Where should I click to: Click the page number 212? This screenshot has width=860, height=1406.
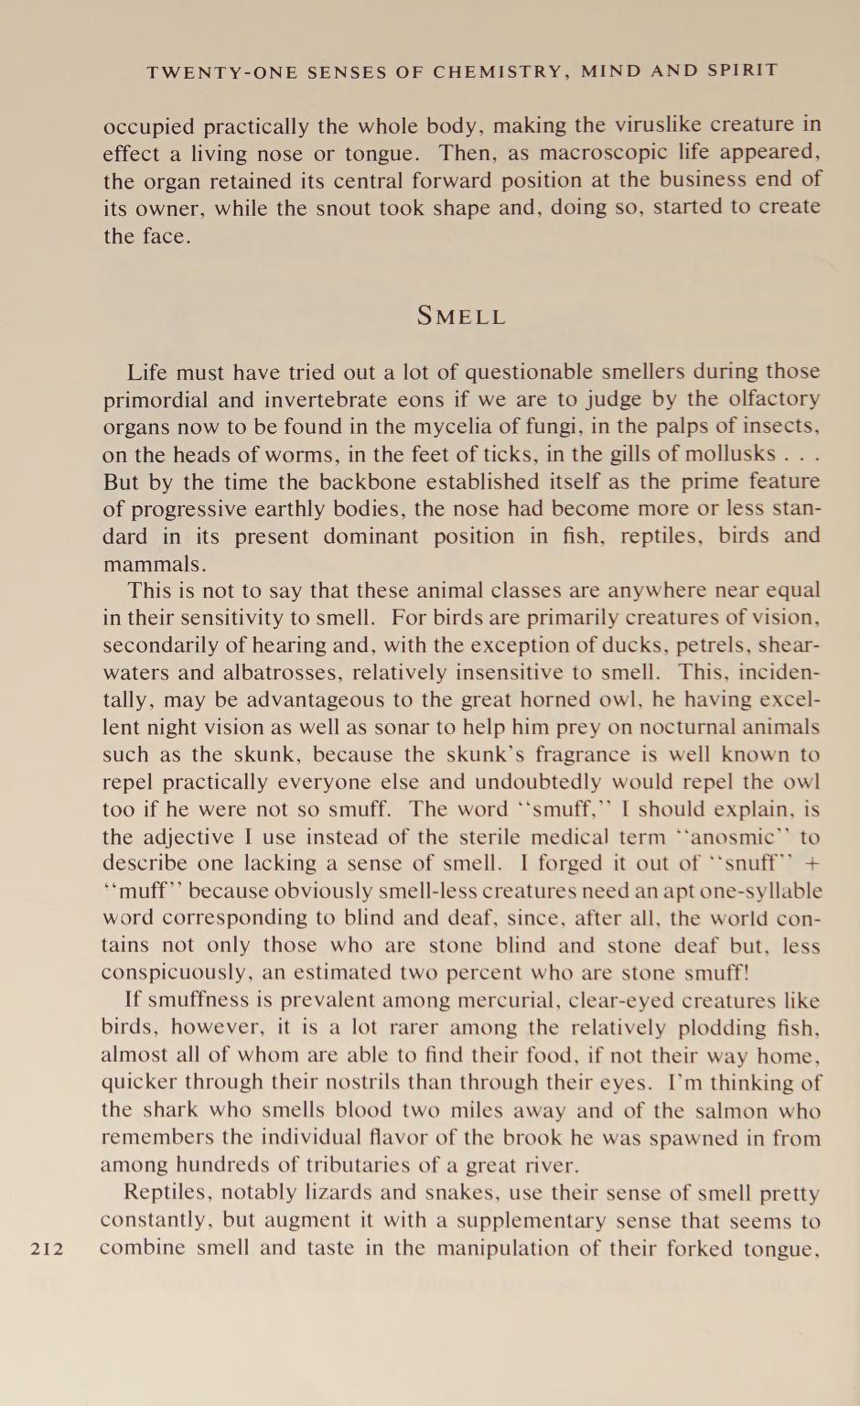tap(47, 1249)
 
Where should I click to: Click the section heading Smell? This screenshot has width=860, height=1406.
tap(461, 317)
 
